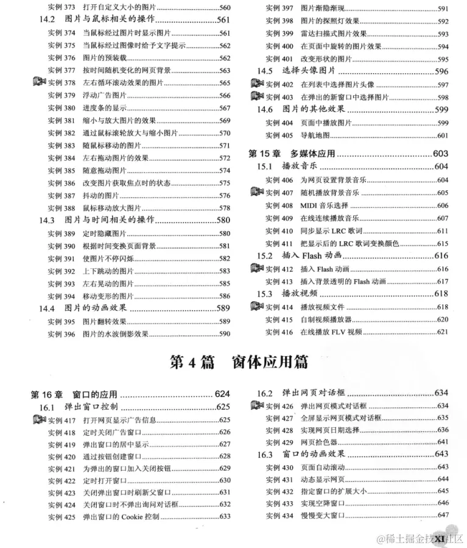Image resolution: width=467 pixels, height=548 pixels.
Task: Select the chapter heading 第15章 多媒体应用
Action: click(x=292, y=154)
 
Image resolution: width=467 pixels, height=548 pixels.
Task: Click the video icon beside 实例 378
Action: click(x=40, y=82)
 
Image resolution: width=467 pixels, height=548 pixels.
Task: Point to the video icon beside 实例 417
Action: click(x=40, y=419)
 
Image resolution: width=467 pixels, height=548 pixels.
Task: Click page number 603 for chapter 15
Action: click(x=440, y=154)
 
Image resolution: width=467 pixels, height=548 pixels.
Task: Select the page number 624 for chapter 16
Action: click(x=222, y=394)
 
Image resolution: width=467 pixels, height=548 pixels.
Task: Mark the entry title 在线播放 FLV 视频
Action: click(x=331, y=332)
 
